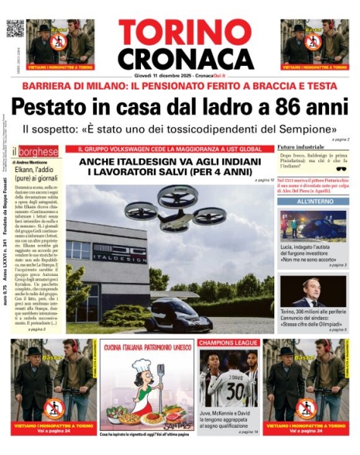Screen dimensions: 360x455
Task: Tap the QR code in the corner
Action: pyautogui.click(x=14, y=28)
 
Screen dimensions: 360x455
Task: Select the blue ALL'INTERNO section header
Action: pyautogui.click(x=311, y=202)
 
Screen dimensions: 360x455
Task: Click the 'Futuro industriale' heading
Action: pyautogui.click(x=300, y=146)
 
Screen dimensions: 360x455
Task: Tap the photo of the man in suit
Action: pyautogui.click(x=311, y=294)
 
